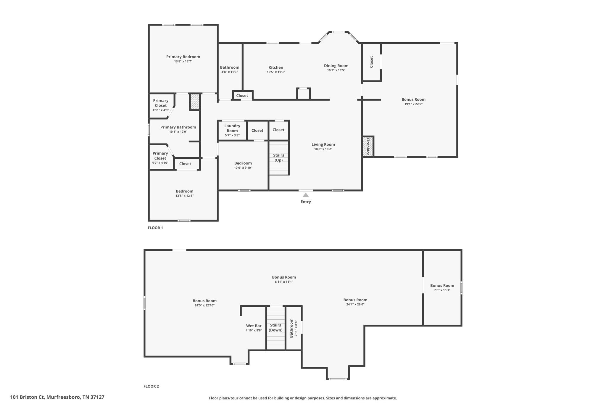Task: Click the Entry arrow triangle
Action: click(x=306, y=195)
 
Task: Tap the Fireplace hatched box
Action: click(x=368, y=147)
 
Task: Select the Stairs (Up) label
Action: click(x=278, y=157)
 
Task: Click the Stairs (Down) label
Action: click(x=275, y=327)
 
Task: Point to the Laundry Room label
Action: click(x=232, y=128)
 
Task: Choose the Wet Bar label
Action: click(x=254, y=326)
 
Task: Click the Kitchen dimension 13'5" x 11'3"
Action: click(x=276, y=72)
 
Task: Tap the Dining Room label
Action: click(x=336, y=66)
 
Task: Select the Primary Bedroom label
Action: click(x=183, y=57)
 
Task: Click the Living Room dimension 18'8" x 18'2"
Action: click(x=323, y=149)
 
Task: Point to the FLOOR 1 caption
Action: click(x=155, y=228)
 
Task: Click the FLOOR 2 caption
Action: click(x=151, y=386)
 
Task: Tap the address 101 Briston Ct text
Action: click(x=57, y=397)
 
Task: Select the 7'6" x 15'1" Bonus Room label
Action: click(x=442, y=286)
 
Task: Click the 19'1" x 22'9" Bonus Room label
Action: click(x=413, y=99)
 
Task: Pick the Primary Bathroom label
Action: click(x=178, y=127)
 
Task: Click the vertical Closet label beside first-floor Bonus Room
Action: click(x=371, y=62)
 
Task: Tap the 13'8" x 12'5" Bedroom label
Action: click(x=184, y=191)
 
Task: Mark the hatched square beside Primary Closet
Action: click(x=195, y=102)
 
